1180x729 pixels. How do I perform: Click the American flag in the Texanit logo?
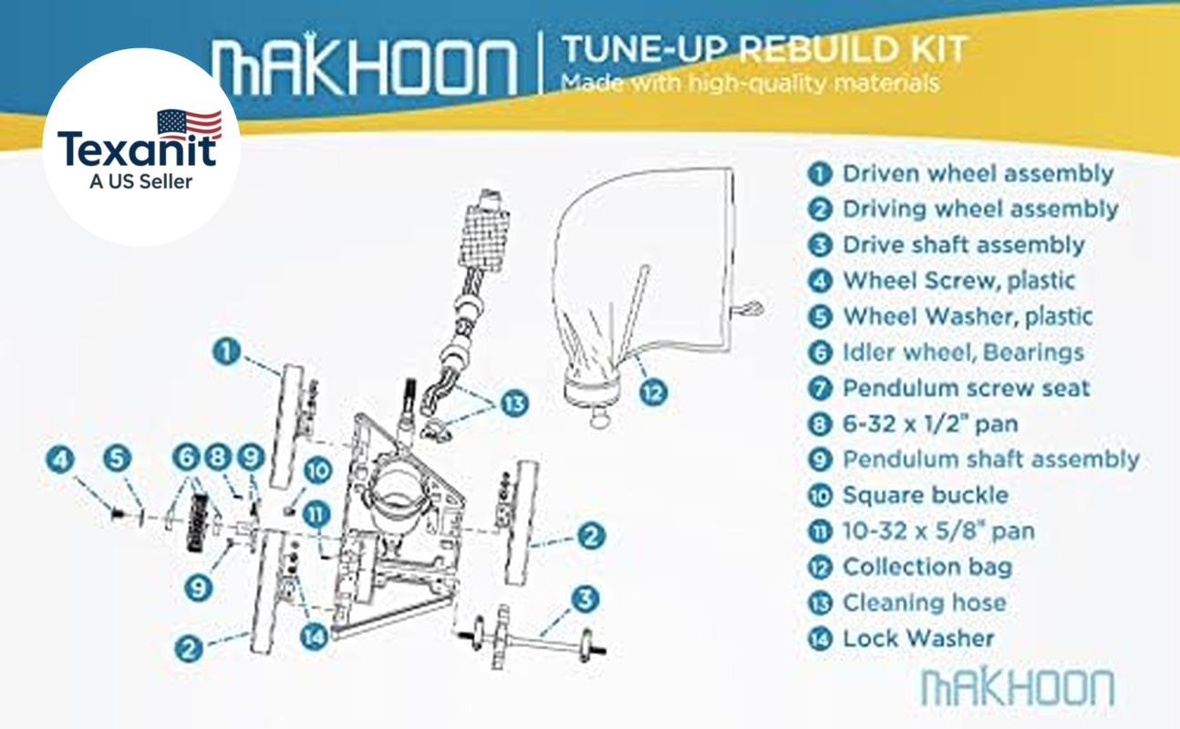pos(190,124)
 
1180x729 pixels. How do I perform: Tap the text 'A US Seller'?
pos(140,181)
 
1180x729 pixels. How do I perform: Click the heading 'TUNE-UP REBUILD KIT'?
pos(765,49)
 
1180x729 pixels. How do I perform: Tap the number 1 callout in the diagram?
pos(226,351)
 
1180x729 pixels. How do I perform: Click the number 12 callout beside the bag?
pos(653,392)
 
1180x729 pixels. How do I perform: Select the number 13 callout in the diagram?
pos(514,404)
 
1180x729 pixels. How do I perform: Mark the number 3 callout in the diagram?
pos(585,599)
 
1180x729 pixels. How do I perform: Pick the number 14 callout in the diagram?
pos(314,637)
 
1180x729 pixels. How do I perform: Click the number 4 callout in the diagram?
pos(60,459)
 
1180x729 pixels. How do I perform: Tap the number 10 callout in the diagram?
pos(317,470)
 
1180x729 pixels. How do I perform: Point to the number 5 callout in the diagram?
pos(117,458)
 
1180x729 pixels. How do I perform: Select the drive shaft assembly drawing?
pos(532,638)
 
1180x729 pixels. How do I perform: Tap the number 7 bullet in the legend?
pos(820,389)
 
